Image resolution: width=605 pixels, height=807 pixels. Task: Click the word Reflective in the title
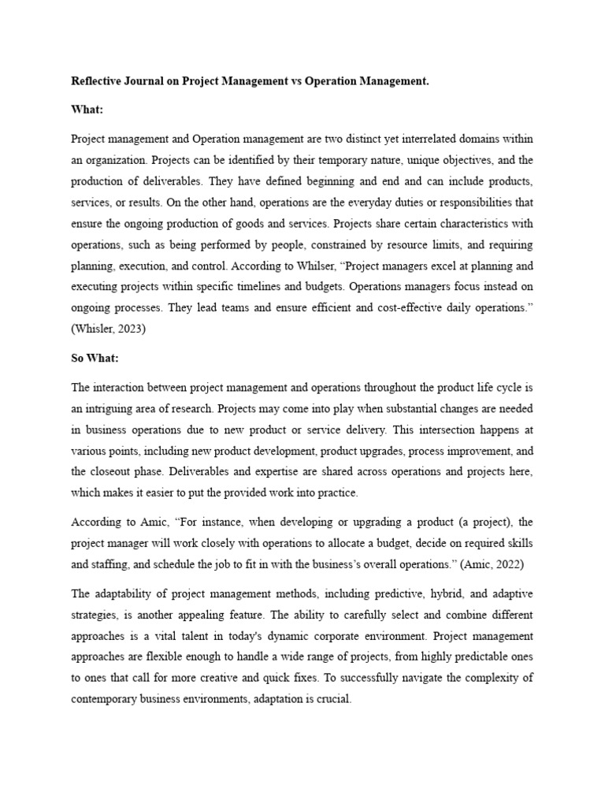tap(97, 80)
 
